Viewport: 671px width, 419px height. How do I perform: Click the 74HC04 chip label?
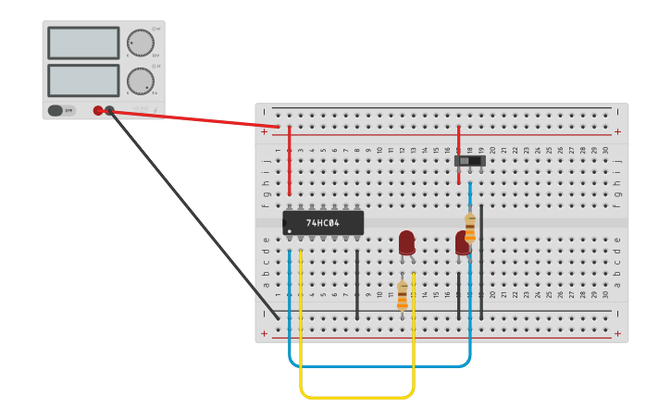[x=323, y=223]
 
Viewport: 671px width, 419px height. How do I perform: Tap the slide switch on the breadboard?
[x=469, y=161]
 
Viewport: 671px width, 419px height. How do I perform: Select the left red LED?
[x=406, y=242]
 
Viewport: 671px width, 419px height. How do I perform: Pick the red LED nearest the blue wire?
[x=462, y=243]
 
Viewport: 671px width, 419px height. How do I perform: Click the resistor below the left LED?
[x=402, y=295]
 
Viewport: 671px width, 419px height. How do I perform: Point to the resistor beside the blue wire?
[x=470, y=228]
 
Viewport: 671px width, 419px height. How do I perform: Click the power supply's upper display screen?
[x=83, y=43]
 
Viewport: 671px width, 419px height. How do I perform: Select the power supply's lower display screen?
[x=83, y=80]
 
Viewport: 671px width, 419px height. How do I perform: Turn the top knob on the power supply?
[x=140, y=43]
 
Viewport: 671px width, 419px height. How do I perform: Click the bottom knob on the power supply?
[x=140, y=80]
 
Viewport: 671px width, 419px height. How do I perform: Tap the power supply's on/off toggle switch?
[x=56, y=110]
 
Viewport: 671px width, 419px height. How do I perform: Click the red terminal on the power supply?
[x=98, y=110]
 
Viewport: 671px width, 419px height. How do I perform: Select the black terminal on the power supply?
[x=110, y=110]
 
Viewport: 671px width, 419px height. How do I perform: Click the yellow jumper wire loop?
[x=356, y=397]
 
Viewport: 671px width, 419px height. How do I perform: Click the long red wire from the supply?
[x=194, y=118]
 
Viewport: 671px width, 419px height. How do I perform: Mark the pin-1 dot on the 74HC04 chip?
[x=290, y=231]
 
